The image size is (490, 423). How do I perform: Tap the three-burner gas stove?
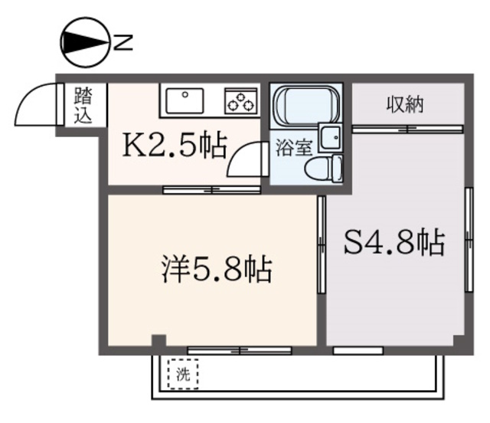point(240,100)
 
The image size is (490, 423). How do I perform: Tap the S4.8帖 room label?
point(394,244)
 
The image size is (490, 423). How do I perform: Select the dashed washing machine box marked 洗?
point(182,375)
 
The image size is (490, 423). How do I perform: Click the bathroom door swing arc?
point(246,160)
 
